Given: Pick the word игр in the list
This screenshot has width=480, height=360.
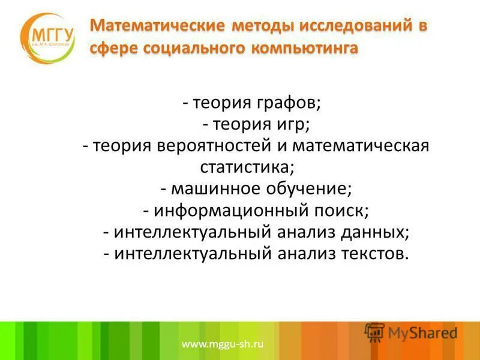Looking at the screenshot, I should click(293, 125).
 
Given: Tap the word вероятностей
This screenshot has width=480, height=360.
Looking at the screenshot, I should click(220, 146).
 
